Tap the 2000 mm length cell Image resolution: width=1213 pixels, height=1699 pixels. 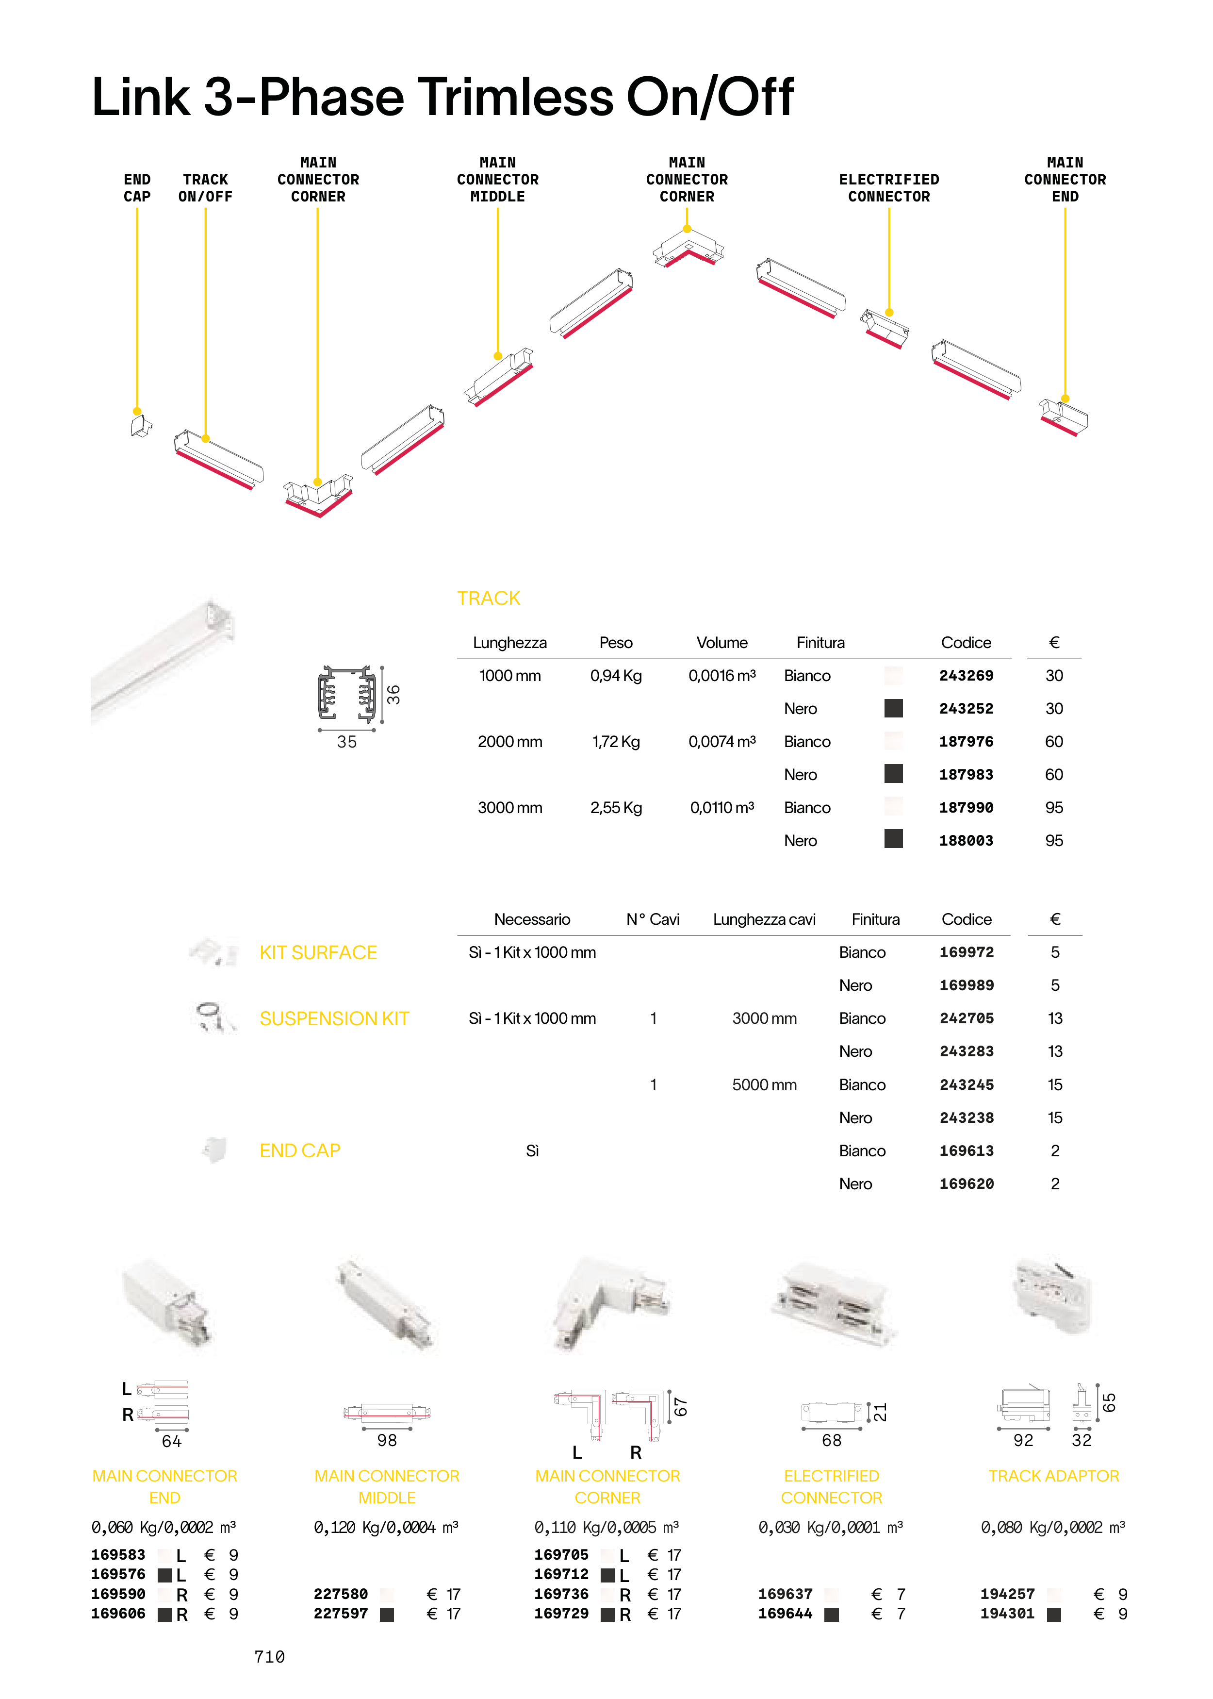point(510,742)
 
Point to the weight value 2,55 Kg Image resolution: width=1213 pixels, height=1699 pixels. point(616,808)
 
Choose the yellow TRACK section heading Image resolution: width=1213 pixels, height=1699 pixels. point(489,599)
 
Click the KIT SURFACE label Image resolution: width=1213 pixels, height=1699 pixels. point(318,952)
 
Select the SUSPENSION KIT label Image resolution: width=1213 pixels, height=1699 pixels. point(334,1018)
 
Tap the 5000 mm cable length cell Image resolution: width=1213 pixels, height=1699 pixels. point(764,1085)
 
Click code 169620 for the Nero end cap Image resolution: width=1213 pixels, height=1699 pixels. point(967,1183)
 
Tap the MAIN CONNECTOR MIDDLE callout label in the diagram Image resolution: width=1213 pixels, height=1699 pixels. point(497,179)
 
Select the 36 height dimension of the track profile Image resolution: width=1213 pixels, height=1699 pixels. point(393,695)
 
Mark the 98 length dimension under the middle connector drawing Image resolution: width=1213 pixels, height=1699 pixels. point(387,1440)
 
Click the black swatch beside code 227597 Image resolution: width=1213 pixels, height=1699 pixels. point(387,1615)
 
